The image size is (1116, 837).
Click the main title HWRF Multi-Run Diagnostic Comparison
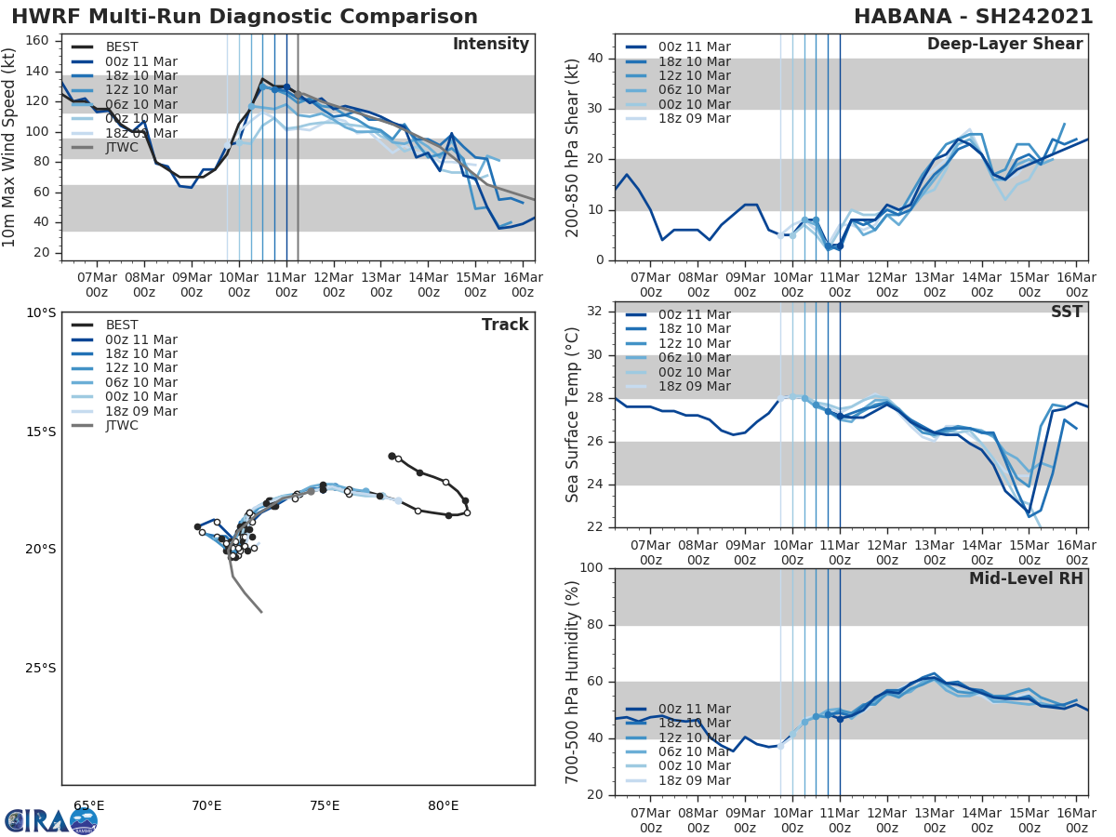(x=245, y=17)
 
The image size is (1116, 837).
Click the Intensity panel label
(x=490, y=45)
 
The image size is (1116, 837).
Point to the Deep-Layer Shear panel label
(x=1004, y=45)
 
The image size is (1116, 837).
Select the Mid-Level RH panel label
(x=1026, y=578)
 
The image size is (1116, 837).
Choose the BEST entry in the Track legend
(x=122, y=325)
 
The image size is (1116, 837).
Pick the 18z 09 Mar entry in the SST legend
(x=677, y=387)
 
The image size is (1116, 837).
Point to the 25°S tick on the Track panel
(x=40, y=668)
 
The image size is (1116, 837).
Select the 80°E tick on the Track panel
(x=444, y=805)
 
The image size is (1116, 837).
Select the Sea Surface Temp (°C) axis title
(x=573, y=415)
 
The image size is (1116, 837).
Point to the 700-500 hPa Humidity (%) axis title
(x=573, y=681)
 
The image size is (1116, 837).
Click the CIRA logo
(x=51, y=820)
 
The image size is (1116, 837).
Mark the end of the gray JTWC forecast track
(x=261, y=612)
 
